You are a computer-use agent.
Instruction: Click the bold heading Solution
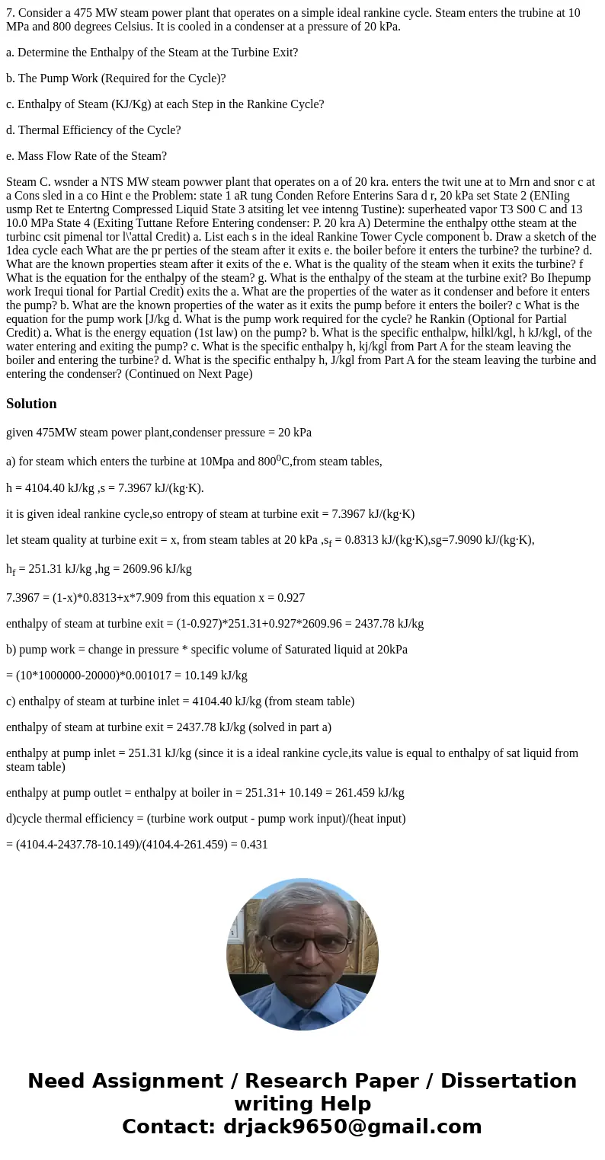[31, 404]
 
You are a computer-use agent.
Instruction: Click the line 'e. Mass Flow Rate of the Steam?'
[86, 155]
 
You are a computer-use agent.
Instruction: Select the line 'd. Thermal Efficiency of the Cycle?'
[93, 129]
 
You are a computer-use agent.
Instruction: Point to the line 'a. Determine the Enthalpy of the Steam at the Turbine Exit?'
[152, 52]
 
